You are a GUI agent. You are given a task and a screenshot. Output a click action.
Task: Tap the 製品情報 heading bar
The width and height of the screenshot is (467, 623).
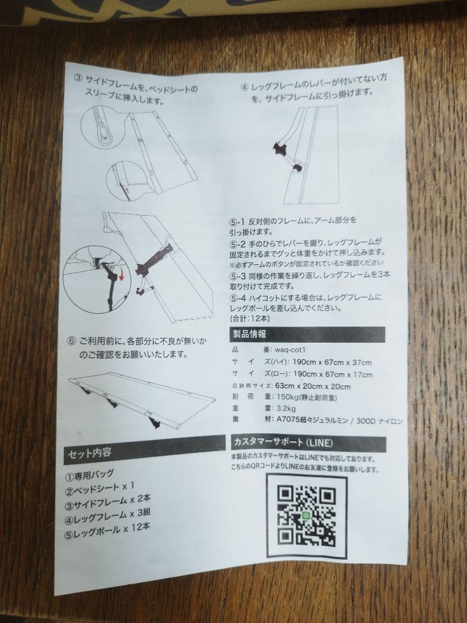coord(306,335)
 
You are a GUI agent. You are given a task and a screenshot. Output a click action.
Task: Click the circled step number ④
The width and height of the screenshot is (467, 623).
coord(244,88)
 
